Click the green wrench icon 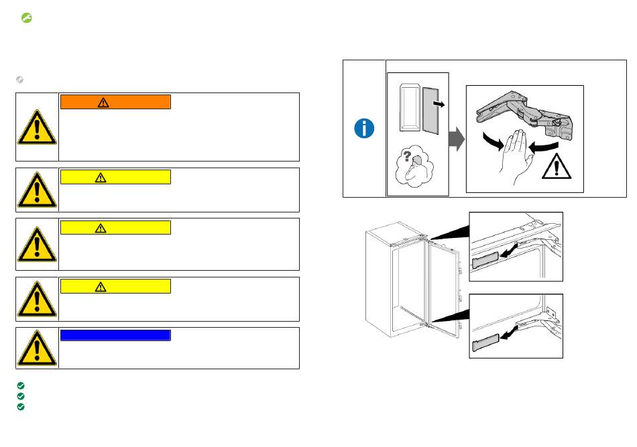(x=27, y=19)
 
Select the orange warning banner (x=115, y=102)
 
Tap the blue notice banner (x=115, y=335)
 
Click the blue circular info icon (x=364, y=129)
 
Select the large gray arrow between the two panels (x=457, y=140)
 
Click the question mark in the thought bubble (x=406, y=156)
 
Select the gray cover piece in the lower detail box (x=487, y=342)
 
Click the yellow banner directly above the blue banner (x=115, y=286)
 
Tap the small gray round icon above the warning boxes (x=20, y=80)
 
